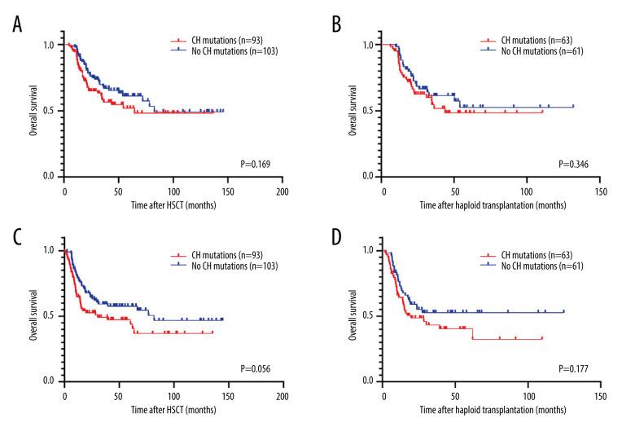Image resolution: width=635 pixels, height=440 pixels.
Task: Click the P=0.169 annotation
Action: click(x=254, y=164)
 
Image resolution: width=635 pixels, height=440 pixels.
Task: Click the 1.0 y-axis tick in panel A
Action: click(x=50, y=45)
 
